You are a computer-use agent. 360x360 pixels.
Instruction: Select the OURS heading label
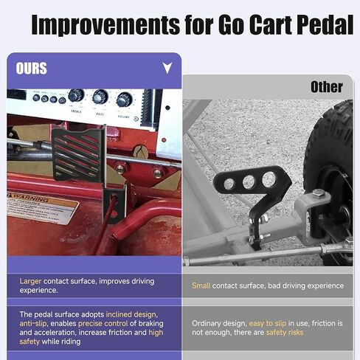point(32,69)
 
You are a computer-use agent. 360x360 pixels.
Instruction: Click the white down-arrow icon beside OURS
point(167,68)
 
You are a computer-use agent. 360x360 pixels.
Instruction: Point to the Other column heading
point(326,87)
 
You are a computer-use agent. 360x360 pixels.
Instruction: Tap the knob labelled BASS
point(100,97)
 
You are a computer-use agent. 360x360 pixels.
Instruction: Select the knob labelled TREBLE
point(76,96)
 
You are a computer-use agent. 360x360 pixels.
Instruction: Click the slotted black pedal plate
point(77,151)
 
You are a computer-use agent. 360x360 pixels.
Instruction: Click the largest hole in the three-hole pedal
point(269,179)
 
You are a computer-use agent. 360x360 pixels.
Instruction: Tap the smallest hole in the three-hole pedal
point(230,184)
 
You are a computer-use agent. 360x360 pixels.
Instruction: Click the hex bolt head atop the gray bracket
point(318,193)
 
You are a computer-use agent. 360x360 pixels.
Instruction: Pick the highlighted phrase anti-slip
point(36,323)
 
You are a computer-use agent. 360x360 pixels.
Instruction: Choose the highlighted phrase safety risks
point(286,333)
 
